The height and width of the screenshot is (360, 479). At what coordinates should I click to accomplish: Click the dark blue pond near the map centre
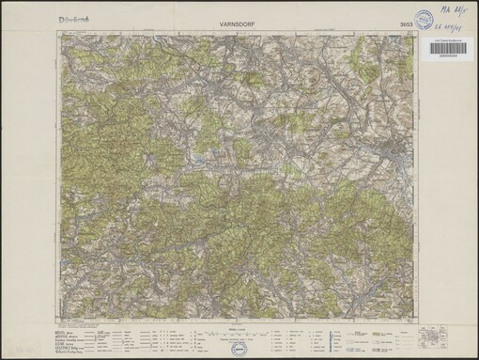198,170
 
